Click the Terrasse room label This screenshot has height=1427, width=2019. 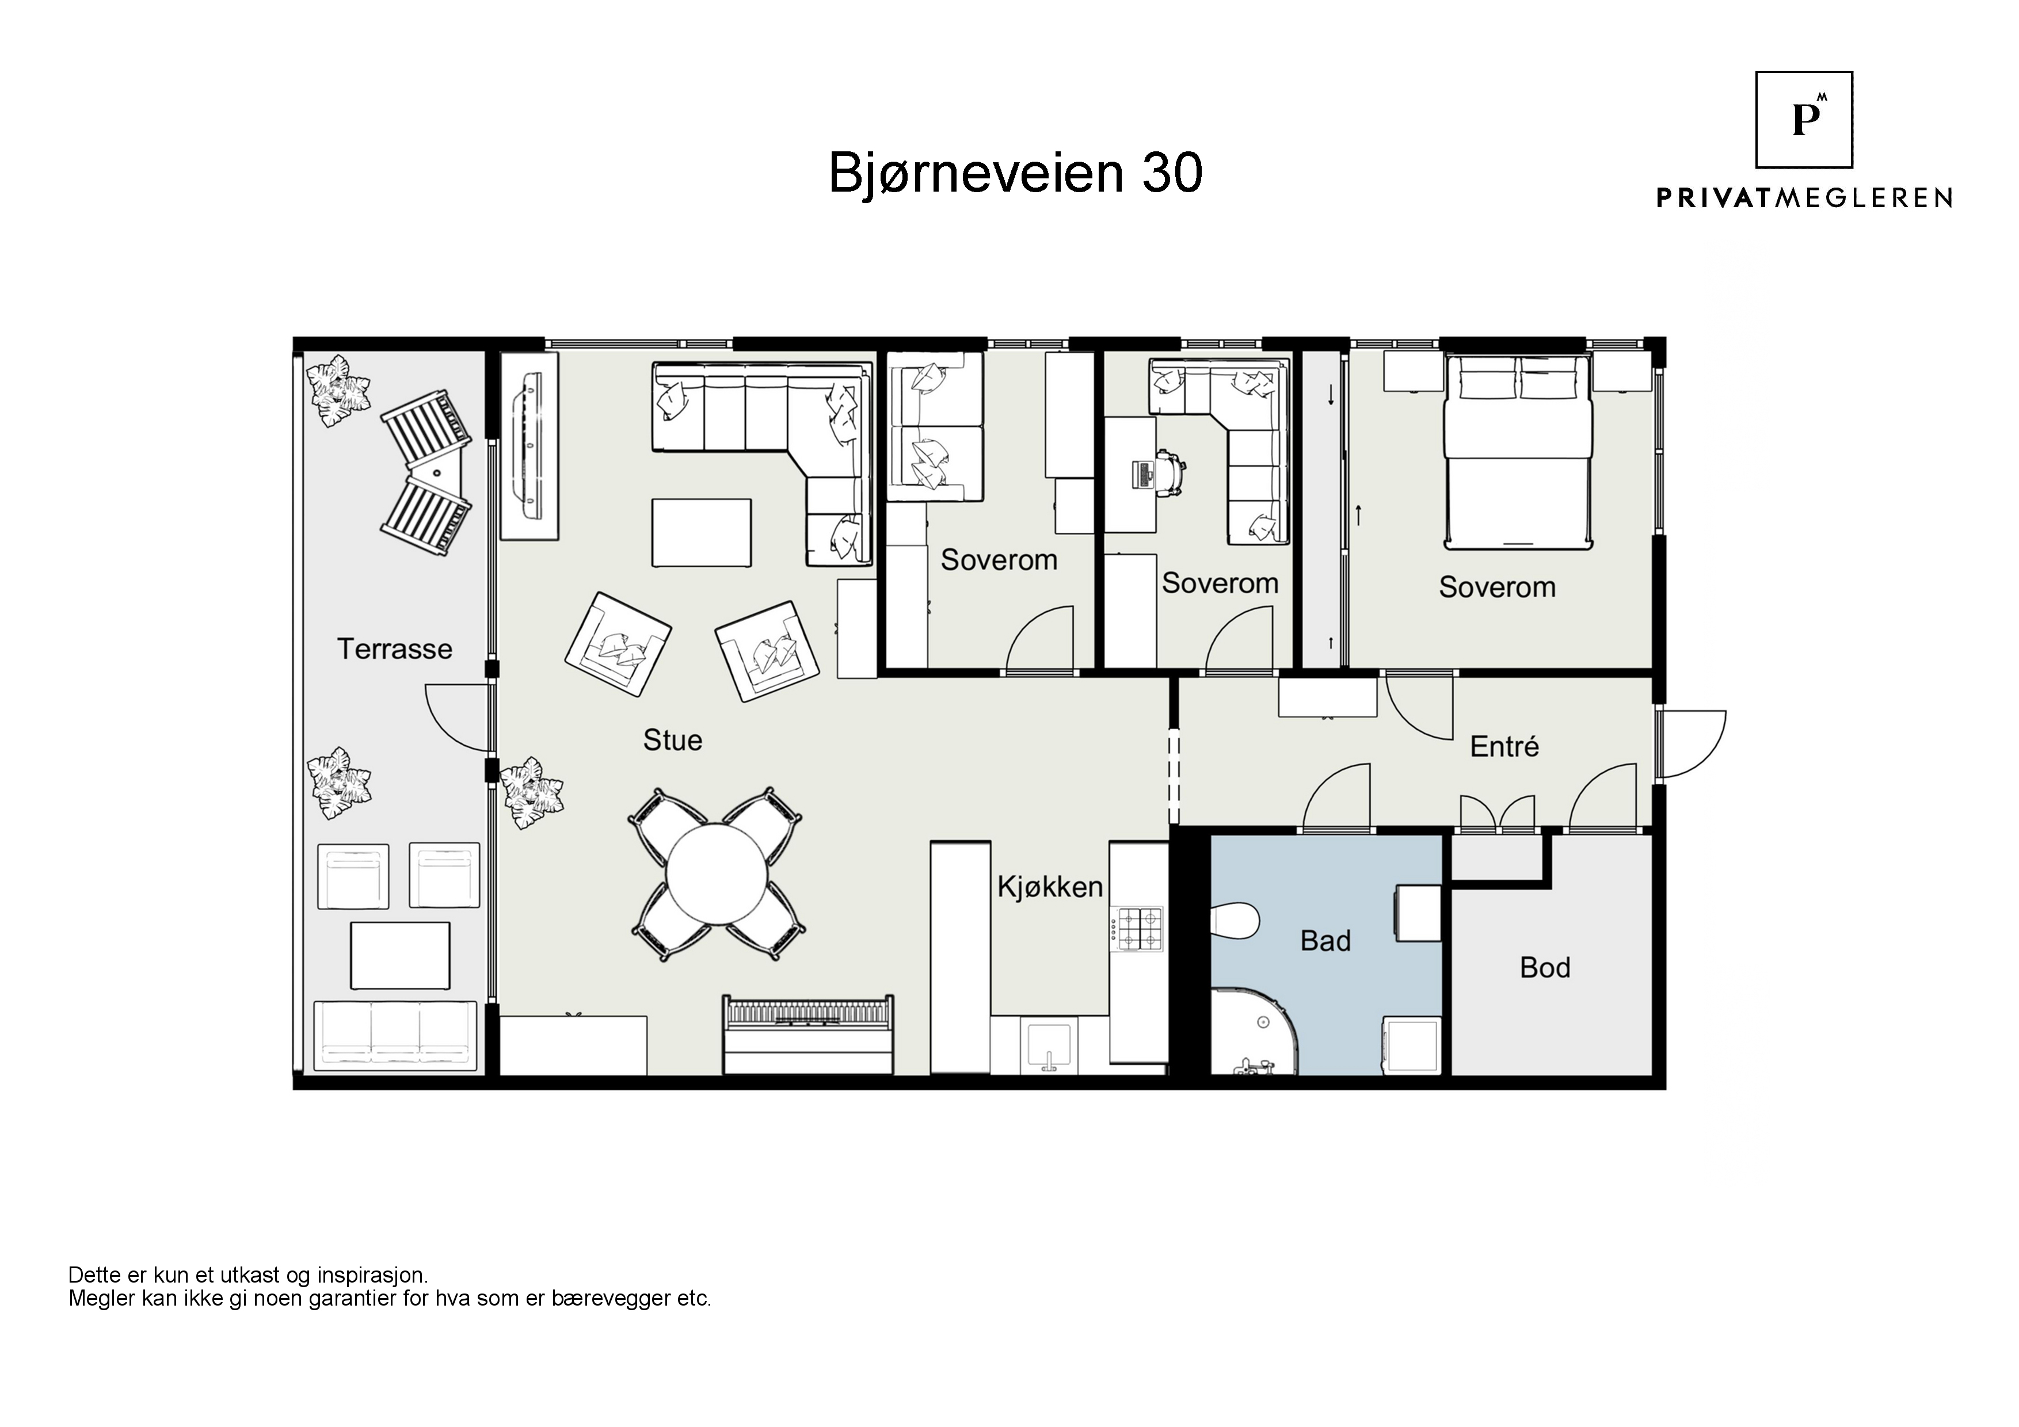click(395, 649)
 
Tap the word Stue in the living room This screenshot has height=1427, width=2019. click(673, 741)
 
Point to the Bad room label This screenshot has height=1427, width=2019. click(1325, 941)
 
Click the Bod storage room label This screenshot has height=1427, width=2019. click(1545, 967)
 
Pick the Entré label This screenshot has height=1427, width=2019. click(1504, 746)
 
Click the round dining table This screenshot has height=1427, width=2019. click(716, 874)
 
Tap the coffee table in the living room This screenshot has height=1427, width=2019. click(702, 533)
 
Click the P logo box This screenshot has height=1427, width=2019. click(1804, 120)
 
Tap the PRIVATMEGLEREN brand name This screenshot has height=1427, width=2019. click(1804, 198)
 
